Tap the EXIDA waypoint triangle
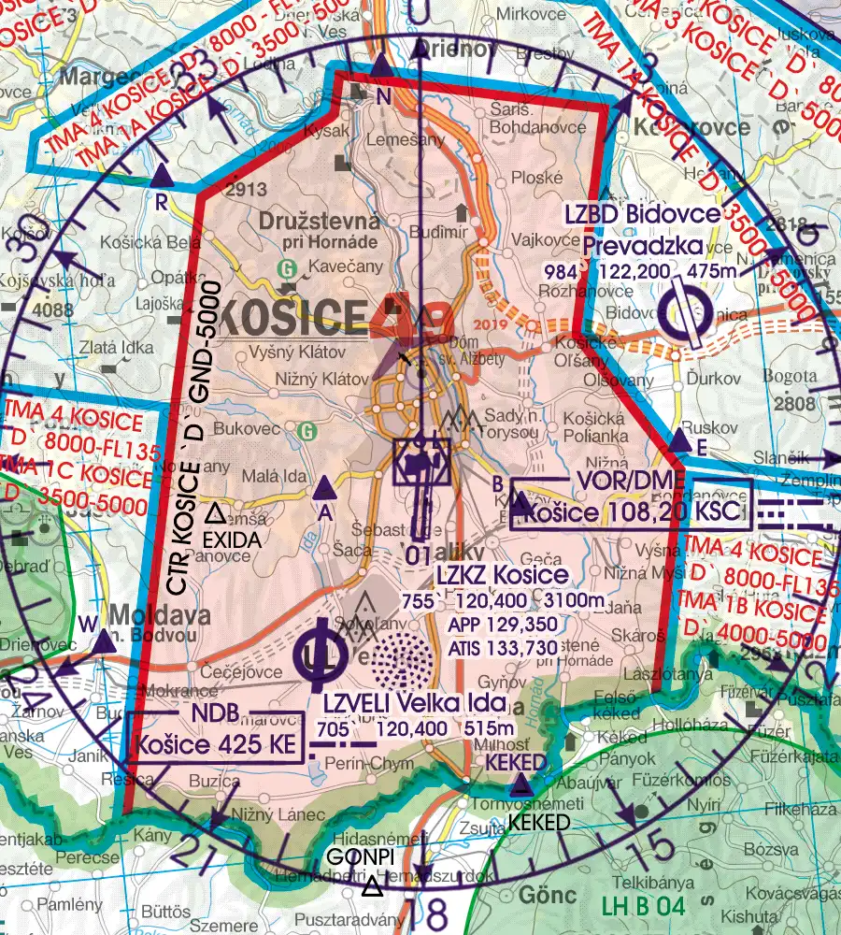(215, 512)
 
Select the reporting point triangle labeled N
(381, 65)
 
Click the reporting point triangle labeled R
(162, 175)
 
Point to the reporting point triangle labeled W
(102, 640)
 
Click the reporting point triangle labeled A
(324, 487)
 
